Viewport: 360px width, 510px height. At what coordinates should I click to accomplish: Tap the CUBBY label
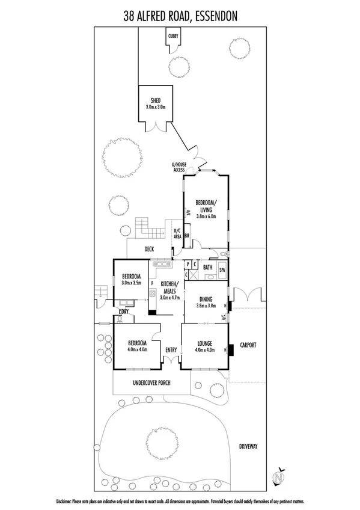pyautogui.click(x=174, y=36)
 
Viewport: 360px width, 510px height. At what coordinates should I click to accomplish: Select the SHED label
pyautogui.click(x=155, y=100)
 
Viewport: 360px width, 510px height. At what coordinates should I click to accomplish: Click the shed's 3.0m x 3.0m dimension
pyautogui.click(x=155, y=106)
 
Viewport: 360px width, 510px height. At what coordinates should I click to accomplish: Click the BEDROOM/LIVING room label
pyautogui.click(x=206, y=206)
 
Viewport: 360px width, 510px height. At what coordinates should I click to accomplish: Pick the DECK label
pyautogui.click(x=149, y=249)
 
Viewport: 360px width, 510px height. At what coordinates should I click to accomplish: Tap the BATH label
pyautogui.click(x=207, y=267)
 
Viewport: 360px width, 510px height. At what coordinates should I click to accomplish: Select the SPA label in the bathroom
pyautogui.click(x=222, y=271)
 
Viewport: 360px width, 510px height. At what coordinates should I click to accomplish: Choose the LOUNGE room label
pyautogui.click(x=206, y=344)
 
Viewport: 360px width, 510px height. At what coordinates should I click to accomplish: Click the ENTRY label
pyautogui.click(x=171, y=349)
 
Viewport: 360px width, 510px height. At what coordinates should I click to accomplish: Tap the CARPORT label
pyautogui.click(x=248, y=345)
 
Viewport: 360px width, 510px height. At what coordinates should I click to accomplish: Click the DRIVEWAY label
pyautogui.click(x=248, y=446)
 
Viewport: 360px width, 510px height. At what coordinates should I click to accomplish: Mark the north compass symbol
pyautogui.click(x=279, y=476)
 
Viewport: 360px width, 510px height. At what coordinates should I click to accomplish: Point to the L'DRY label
pyautogui.click(x=124, y=312)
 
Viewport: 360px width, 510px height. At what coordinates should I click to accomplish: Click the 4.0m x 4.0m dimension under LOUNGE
pyautogui.click(x=206, y=350)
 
